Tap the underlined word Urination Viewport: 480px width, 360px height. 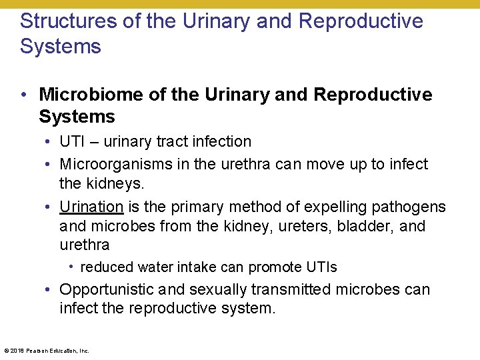(x=91, y=207)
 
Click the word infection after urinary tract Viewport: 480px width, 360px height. (x=221, y=141)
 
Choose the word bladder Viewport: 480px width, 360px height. (x=367, y=226)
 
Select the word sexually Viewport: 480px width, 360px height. (x=219, y=289)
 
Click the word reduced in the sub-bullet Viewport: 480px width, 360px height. (x=107, y=267)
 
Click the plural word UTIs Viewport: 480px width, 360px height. (x=321, y=267)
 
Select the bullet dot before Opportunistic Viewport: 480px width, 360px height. (x=49, y=290)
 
